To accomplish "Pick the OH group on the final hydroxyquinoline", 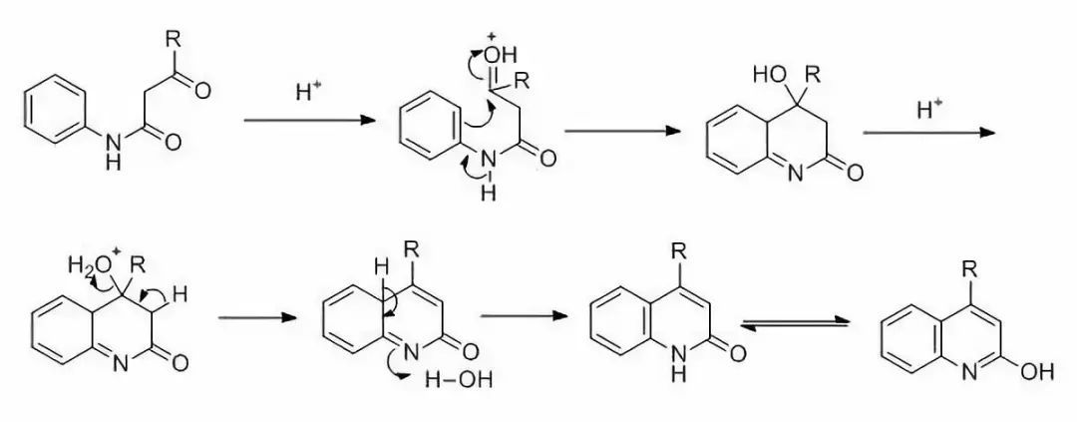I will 1036,372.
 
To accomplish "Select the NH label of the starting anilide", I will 112,153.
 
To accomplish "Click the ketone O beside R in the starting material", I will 202,91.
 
